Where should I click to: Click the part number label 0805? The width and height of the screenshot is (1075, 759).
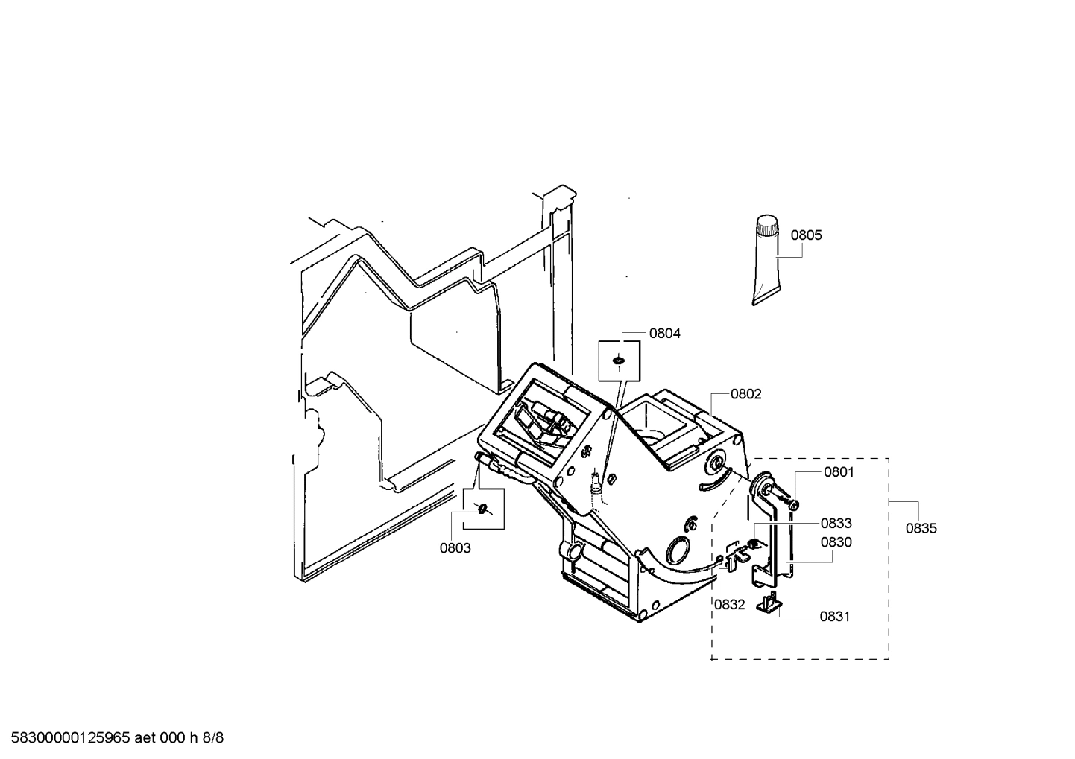click(x=806, y=235)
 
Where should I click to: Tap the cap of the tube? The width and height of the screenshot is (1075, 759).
click(x=767, y=226)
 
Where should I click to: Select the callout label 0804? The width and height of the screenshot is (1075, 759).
click(x=664, y=334)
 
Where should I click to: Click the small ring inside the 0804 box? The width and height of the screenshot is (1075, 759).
click(x=617, y=361)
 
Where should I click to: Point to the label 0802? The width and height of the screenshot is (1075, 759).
click(x=745, y=394)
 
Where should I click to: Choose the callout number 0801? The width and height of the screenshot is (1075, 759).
click(x=839, y=472)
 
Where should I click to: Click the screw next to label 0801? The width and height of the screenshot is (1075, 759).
click(x=792, y=504)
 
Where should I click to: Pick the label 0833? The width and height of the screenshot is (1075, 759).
click(x=836, y=524)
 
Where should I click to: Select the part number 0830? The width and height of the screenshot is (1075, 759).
click(x=836, y=543)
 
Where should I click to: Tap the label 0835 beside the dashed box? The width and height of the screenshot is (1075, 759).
click(x=921, y=529)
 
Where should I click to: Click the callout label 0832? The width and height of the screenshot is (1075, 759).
click(x=729, y=605)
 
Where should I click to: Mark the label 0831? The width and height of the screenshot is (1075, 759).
click(x=835, y=617)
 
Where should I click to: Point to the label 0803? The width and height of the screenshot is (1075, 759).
click(x=455, y=548)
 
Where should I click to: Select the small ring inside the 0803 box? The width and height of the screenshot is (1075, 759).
click(x=483, y=508)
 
